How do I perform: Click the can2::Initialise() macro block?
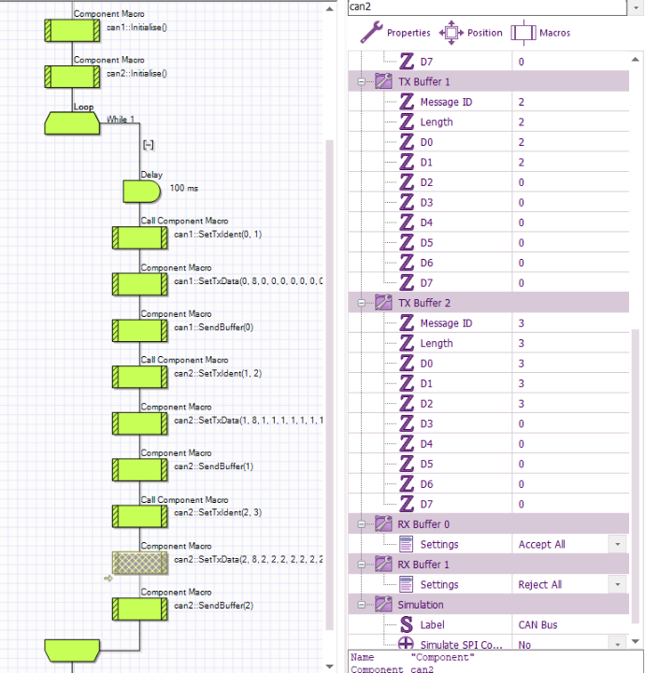[x=72, y=76]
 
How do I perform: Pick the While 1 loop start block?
[x=72, y=122]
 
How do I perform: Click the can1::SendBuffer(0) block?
[x=140, y=329]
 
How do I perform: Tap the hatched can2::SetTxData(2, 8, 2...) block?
[x=140, y=561]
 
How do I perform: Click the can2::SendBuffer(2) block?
[x=140, y=608]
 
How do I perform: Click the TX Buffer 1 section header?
[x=424, y=81]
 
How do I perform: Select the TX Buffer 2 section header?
[x=424, y=303]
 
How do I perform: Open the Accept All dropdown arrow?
[x=617, y=544]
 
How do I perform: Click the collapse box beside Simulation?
[x=360, y=605]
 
